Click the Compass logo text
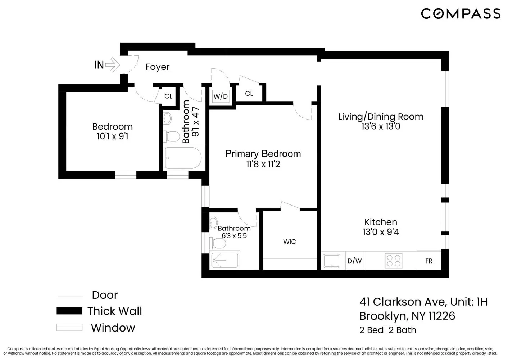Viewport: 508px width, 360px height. (461, 14)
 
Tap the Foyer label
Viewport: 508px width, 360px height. (157, 67)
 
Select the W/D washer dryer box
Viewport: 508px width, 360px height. (221, 96)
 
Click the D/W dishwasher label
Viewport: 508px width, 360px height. (354, 261)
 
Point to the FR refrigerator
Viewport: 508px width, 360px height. (429, 261)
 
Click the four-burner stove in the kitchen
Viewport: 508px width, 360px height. (394, 261)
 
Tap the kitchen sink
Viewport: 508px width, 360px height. (331, 261)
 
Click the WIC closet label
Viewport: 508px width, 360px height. (290, 242)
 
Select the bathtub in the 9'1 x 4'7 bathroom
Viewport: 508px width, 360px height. (183, 158)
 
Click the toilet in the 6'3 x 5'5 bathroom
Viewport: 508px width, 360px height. (219, 244)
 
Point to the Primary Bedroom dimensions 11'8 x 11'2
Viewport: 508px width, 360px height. (263, 164)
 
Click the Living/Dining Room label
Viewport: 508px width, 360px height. (381, 117)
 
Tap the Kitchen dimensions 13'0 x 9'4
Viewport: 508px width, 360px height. (381, 232)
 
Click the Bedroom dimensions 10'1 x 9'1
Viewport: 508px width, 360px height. (112, 136)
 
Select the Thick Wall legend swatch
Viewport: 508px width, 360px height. (69, 311)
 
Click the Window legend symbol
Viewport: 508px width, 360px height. (69, 328)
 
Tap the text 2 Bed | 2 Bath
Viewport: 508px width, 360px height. (387, 330)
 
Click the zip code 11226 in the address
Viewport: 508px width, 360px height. (442, 316)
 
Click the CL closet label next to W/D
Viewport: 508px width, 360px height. (249, 94)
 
